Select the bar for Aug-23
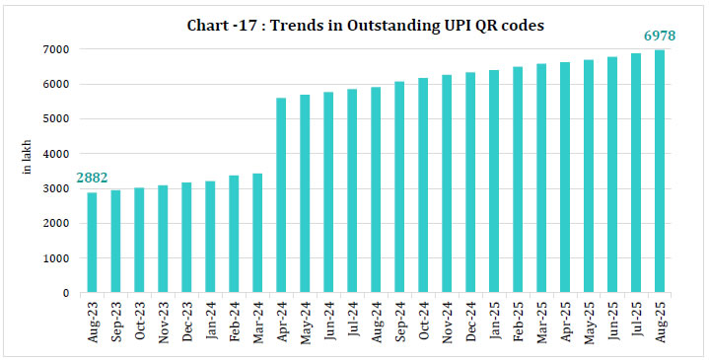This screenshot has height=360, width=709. click(92, 243)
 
